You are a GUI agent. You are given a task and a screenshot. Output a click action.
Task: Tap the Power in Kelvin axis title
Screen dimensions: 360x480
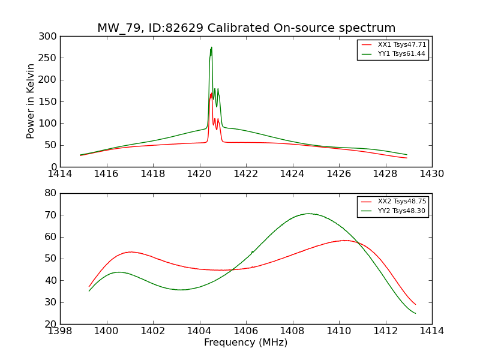31,101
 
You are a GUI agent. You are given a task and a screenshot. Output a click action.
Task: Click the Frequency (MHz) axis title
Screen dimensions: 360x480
246,343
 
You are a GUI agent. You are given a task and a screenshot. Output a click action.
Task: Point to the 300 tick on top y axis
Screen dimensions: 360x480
50,37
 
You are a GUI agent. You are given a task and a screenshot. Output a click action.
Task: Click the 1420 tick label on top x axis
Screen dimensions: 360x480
199,174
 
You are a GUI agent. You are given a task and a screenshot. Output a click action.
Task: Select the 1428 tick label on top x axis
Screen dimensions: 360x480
385,174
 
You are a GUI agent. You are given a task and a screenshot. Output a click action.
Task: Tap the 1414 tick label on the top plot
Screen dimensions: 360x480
60,174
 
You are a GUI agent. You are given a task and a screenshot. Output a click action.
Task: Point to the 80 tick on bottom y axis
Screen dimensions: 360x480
52,193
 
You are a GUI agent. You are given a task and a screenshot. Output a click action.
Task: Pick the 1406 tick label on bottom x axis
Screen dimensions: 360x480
246,331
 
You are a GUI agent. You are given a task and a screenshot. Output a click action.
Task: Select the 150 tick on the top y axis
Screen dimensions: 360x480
50,101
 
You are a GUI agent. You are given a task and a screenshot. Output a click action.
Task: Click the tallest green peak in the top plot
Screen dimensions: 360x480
211,47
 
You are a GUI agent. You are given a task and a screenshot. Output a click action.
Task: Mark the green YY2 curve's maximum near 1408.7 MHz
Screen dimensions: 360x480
309,214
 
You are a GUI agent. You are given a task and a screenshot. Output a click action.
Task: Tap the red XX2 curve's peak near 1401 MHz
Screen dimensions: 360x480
130,252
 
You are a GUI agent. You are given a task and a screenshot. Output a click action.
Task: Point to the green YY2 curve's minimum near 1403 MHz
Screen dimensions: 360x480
181,290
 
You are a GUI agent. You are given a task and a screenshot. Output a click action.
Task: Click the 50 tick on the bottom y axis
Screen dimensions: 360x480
52,259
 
